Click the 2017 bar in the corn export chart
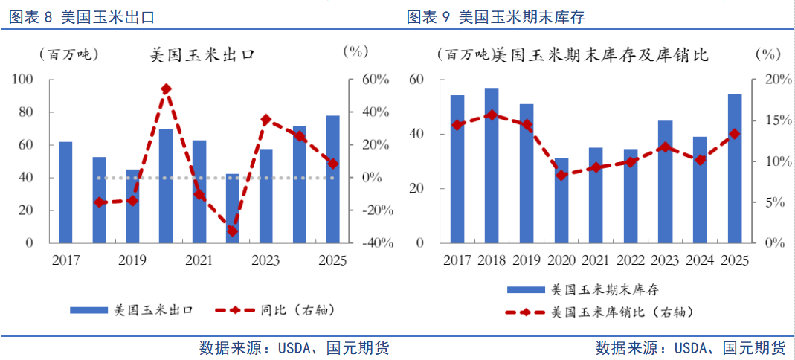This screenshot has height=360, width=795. click(66, 192)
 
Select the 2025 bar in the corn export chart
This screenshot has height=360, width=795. click(332, 179)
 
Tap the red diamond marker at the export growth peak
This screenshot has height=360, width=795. click(167, 89)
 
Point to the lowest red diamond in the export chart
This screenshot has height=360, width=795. click(232, 231)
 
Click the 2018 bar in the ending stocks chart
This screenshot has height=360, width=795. click(492, 165)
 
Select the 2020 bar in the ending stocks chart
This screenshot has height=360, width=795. click(561, 200)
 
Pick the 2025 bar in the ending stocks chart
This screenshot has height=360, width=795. click(735, 168)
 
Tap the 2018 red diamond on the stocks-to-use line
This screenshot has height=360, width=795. click(492, 115)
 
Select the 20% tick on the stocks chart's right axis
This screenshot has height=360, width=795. click(778, 80)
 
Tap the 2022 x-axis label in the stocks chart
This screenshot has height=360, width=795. click(631, 260)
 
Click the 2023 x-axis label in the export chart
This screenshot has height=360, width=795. click(265, 260)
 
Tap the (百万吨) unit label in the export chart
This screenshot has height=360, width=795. click(68, 54)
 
